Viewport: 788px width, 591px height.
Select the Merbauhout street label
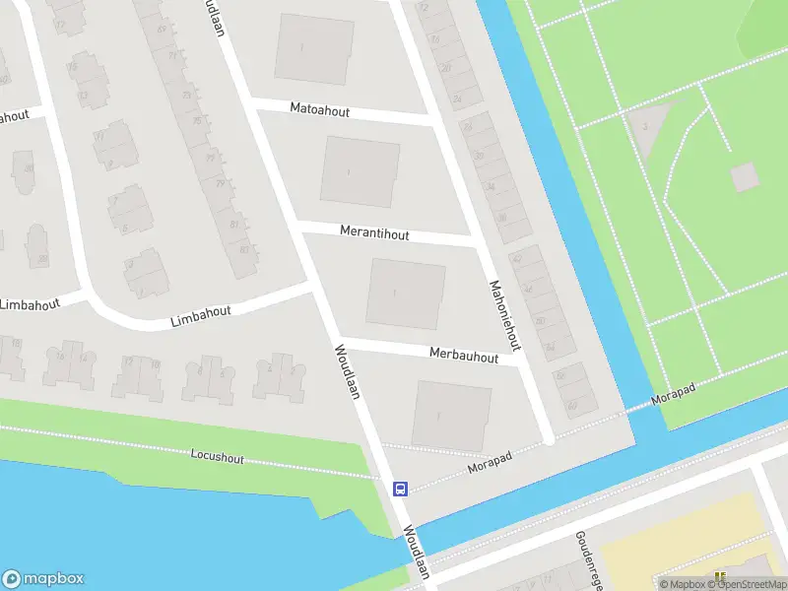(464, 355)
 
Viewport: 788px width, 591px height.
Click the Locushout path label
(218, 458)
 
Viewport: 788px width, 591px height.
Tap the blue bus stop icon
(401, 489)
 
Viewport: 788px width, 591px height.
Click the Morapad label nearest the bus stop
(493, 463)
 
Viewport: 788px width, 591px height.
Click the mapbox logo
(43, 579)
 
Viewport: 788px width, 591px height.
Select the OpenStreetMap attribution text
(752, 585)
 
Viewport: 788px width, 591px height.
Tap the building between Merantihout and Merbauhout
(406, 293)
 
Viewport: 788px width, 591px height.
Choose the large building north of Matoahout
(313, 48)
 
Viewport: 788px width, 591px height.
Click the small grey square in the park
(745, 176)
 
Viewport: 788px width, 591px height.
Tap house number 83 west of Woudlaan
(234, 224)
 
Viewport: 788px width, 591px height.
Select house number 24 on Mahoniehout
(456, 99)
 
